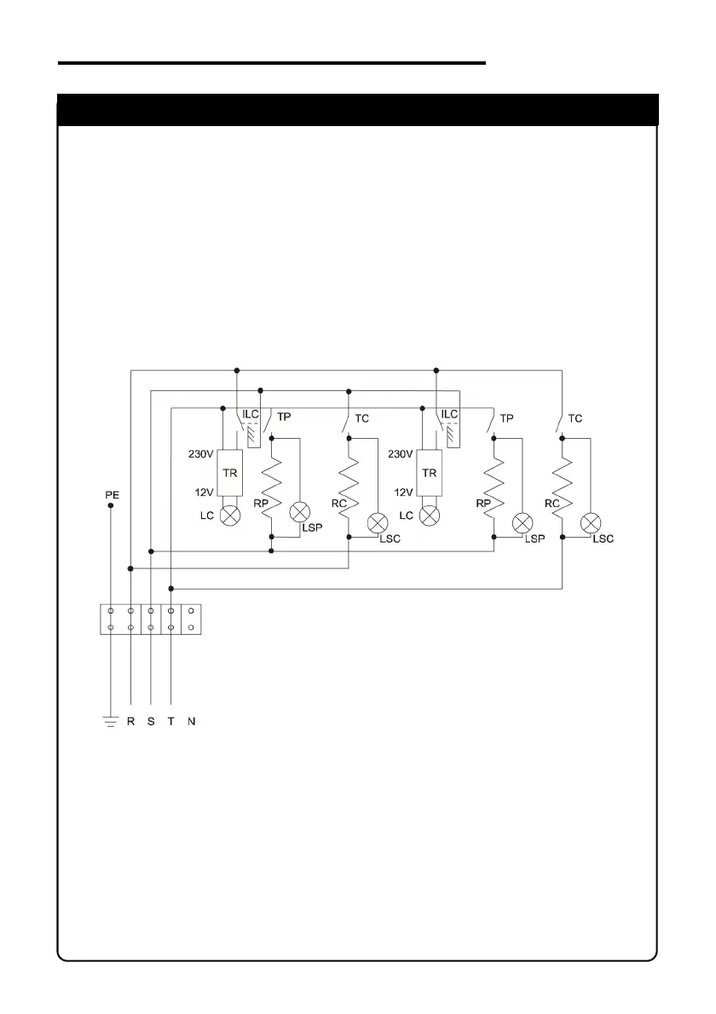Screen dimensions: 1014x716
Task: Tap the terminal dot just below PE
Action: [110, 505]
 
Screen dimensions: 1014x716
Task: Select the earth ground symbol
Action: [110, 723]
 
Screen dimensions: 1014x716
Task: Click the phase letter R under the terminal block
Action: [130, 722]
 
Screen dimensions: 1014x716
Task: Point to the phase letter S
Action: [151, 722]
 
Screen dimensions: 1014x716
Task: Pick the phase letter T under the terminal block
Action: [171, 722]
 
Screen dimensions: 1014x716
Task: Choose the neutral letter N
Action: [192, 722]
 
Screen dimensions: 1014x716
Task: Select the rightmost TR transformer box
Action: [431, 473]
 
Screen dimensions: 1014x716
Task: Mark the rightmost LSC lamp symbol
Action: [588, 523]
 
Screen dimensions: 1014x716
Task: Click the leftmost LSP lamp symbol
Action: [299, 512]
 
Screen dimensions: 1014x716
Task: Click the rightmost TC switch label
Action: [575, 418]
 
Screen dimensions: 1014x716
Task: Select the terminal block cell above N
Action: [192, 619]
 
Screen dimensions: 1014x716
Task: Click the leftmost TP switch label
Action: [284, 418]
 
